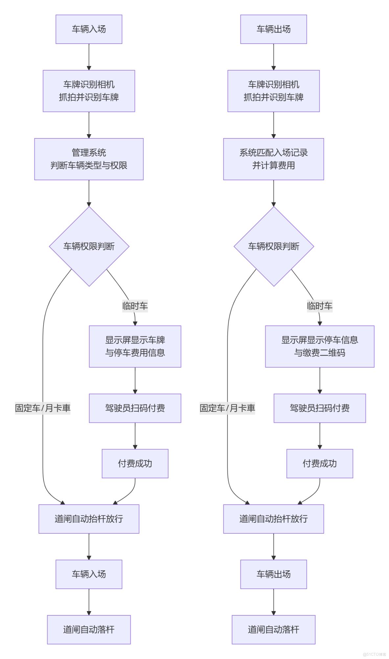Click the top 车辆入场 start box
tap(89, 29)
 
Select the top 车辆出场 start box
tap(273, 29)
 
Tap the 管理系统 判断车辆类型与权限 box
tap(89, 159)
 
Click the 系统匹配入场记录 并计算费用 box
tap(273, 159)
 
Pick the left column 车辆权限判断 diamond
tap(89, 246)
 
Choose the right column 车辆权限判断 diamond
tap(274, 246)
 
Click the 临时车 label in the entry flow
tap(135, 306)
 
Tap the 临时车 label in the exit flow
tap(320, 306)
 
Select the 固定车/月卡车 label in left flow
tap(43, 408)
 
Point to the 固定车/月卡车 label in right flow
tap(227, 408)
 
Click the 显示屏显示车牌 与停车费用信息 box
tap(135, 346)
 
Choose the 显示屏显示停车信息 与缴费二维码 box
tap(320, 346)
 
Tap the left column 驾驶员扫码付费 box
tap(135, 408)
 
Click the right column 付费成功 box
tap(320, 463)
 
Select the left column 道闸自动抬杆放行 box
tap(89, 519)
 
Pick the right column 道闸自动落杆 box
tap(273, 629)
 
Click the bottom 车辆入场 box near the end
tap(89, 574)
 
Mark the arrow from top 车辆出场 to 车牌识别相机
tap(274, 57)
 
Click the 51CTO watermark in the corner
tap(374, 654)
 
